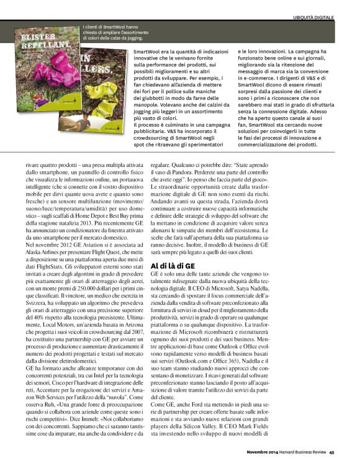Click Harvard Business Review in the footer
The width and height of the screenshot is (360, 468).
[x=300, y=452]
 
